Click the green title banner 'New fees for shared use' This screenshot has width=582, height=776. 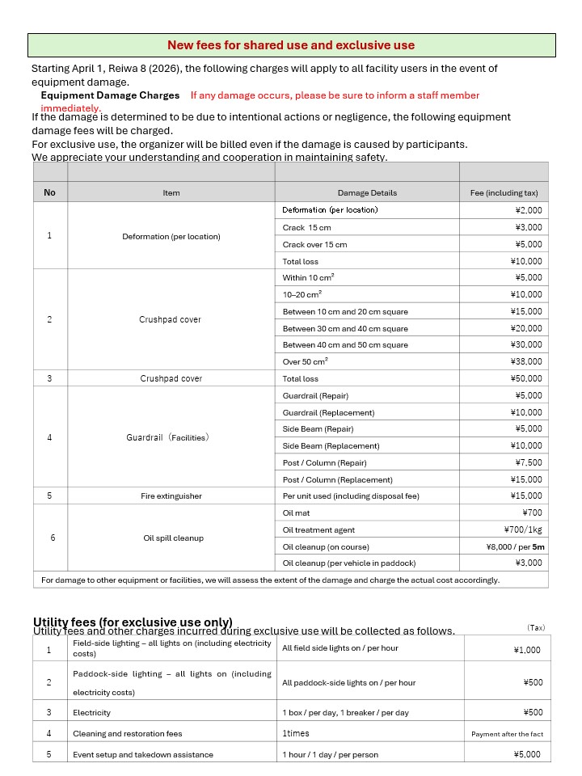[x=291, y=45]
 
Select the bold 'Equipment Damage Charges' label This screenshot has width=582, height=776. [x=110, y=95]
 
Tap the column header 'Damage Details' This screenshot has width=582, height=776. [x=367, y=193]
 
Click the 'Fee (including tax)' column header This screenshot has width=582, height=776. [x=504, y=193]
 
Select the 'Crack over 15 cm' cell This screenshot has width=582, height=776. [x=314, y=244]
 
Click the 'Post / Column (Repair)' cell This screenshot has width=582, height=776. [x=324, y=462]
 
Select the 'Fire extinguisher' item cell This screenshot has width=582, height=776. [x=171, y=496]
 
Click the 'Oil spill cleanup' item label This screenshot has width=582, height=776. [x=173, y=538]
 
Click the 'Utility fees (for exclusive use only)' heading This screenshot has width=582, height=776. [x=133, y=622]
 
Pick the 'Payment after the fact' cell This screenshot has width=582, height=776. [x=507, y=734]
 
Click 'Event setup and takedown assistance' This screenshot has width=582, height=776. [x=143, y=754]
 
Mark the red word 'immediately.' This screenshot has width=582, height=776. [x=71, y=108]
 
